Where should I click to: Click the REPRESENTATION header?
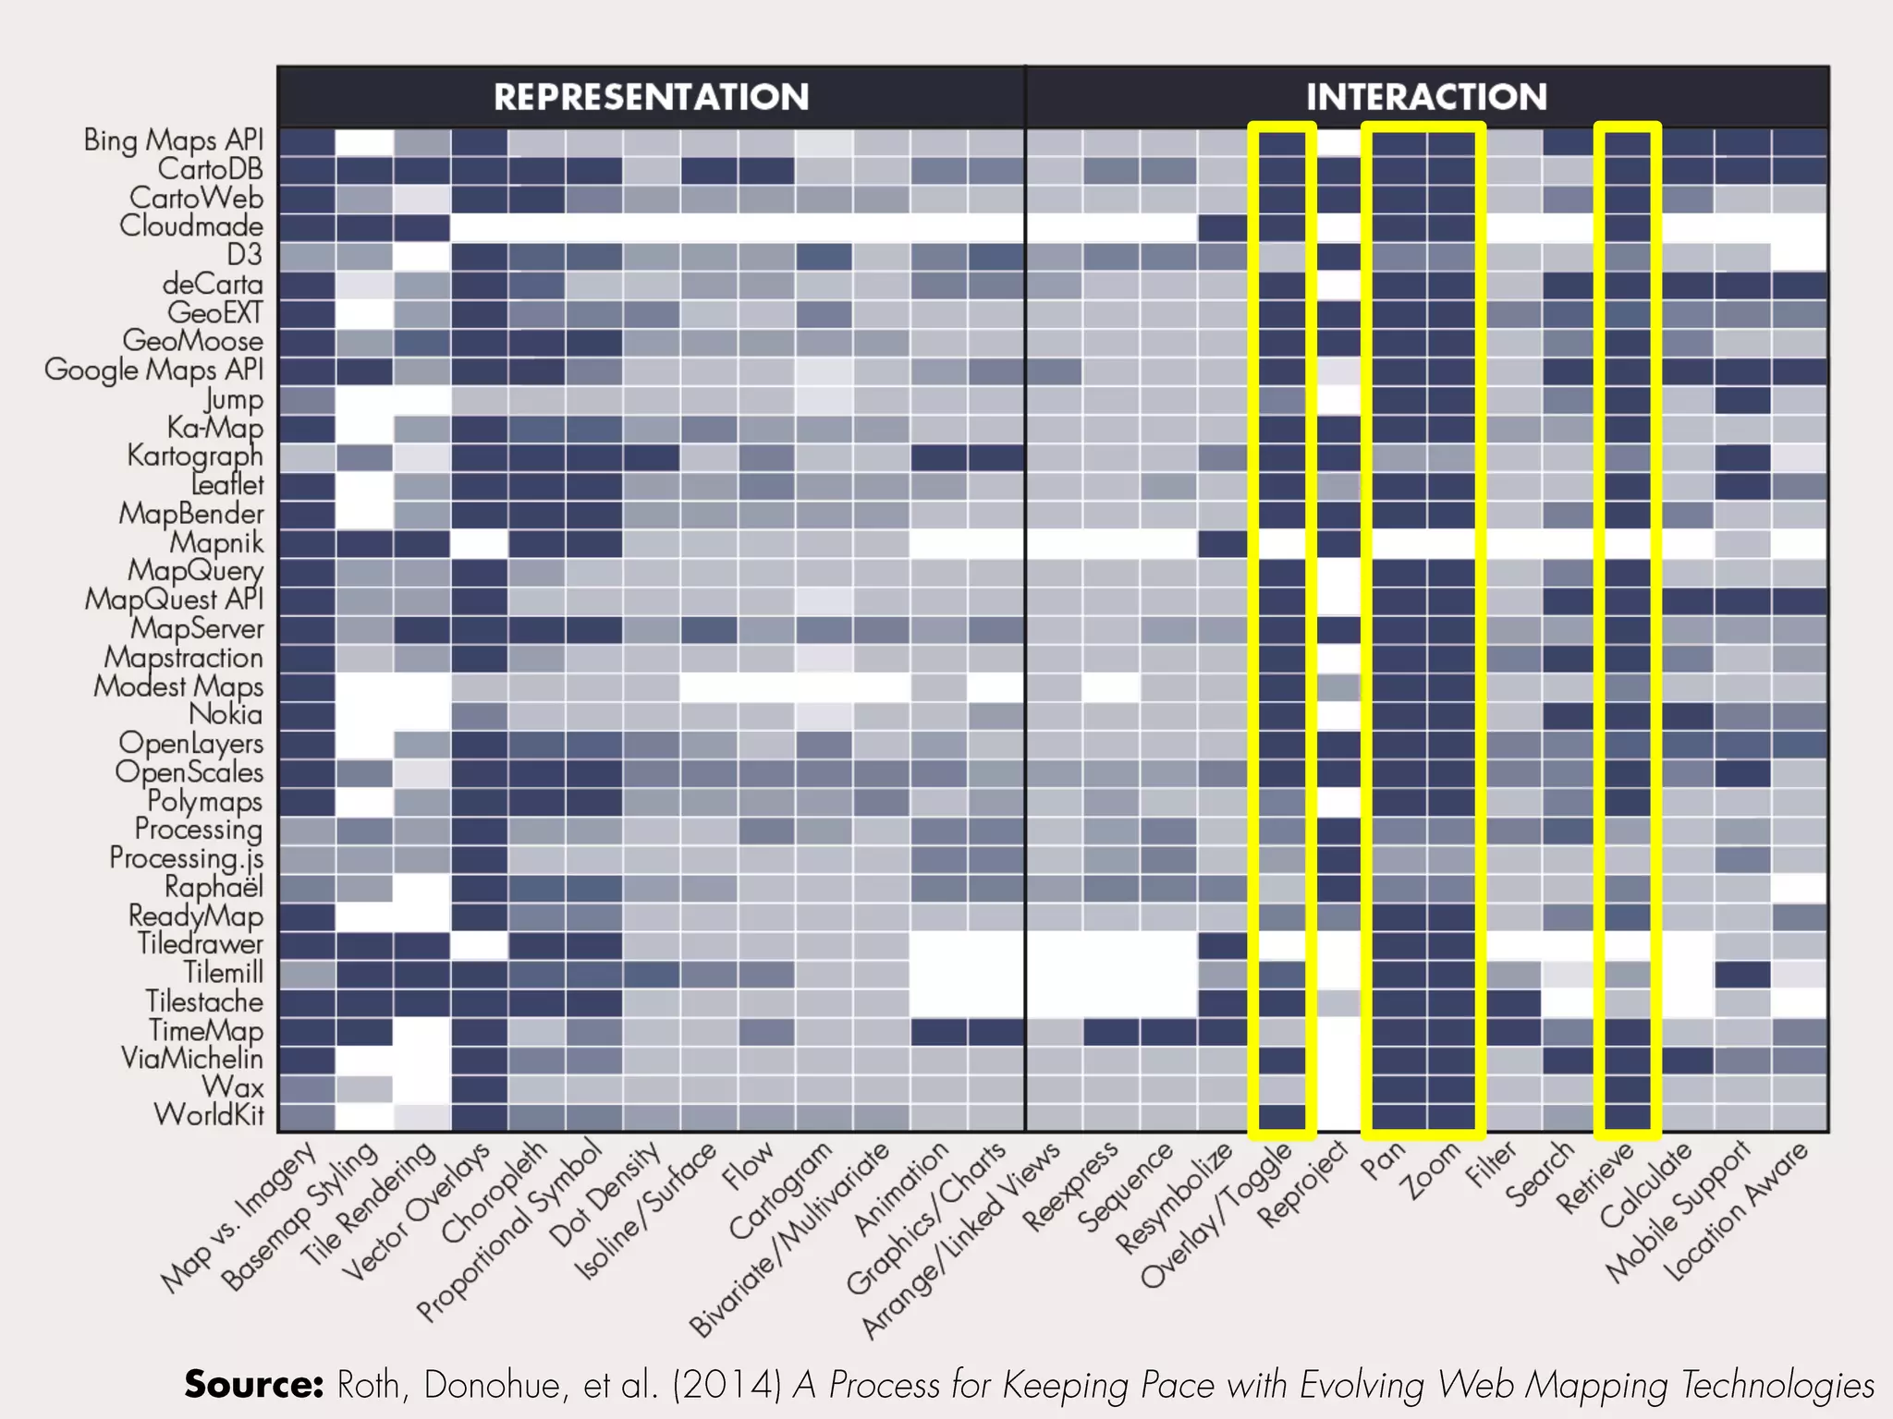[651, 97]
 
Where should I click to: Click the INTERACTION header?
[1425, 97]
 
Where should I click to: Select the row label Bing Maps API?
[174, 140]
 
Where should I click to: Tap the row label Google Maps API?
[154, 370]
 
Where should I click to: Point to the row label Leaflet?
[227, 485]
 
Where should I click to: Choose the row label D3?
[245, 255]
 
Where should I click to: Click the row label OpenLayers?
[191, 744]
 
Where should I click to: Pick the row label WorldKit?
[209, 1115]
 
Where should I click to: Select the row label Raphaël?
[214, 887]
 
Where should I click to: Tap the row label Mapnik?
[216, 542]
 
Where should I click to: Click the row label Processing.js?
[187, 858]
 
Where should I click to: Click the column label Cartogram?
[781, 1192]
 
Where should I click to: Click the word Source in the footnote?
[253, 1385]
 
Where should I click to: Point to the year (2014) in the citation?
[727, 1385]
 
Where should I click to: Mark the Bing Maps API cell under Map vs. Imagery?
[306, 141]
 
